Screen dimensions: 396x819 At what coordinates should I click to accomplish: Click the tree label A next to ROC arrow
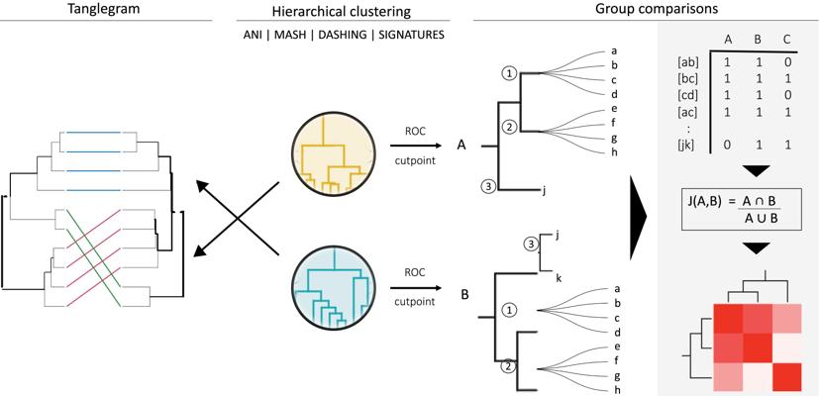pyautogui.click(x=461, y=145)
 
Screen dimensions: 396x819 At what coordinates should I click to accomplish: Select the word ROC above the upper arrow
pyautogui.click(x=415, y=131)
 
